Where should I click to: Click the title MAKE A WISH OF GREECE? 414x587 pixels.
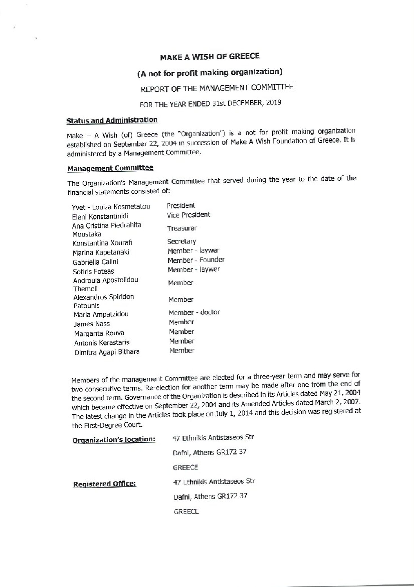click(210, 56)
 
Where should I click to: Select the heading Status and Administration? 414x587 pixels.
click(112, 120)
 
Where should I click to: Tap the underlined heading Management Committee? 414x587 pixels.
click(110, 168)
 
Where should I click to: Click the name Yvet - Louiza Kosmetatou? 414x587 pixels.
click(111, 207)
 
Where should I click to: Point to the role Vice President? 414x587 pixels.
click(188, 215)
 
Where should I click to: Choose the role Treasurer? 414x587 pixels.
click(182, 228)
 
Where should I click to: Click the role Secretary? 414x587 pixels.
click(182, 242)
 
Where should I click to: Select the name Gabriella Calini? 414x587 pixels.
click(95, 262)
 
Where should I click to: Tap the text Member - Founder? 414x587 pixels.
click(196, 260)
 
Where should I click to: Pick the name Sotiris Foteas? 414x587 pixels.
click(93, 271)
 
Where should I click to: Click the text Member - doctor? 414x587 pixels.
click(194, 312)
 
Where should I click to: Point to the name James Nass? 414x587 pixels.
click(92, 324)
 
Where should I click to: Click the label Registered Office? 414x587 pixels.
click(105, 484)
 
